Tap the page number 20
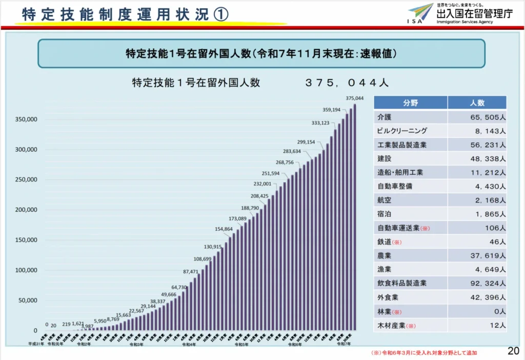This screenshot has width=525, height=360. pos(513,351)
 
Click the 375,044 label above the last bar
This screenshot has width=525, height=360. pos(354,98)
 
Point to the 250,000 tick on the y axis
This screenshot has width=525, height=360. pos(26,179)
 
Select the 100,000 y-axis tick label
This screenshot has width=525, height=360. pos(26,270)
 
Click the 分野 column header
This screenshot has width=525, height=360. pos(410,103)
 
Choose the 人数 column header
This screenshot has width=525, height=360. pos(477,103)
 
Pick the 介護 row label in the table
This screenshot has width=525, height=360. pos(384,117)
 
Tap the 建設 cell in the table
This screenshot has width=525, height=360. pos(384,158)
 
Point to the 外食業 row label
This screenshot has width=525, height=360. pos(388,297)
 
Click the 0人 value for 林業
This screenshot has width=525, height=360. pos(500,311)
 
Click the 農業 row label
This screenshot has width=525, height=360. pos(384,255)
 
